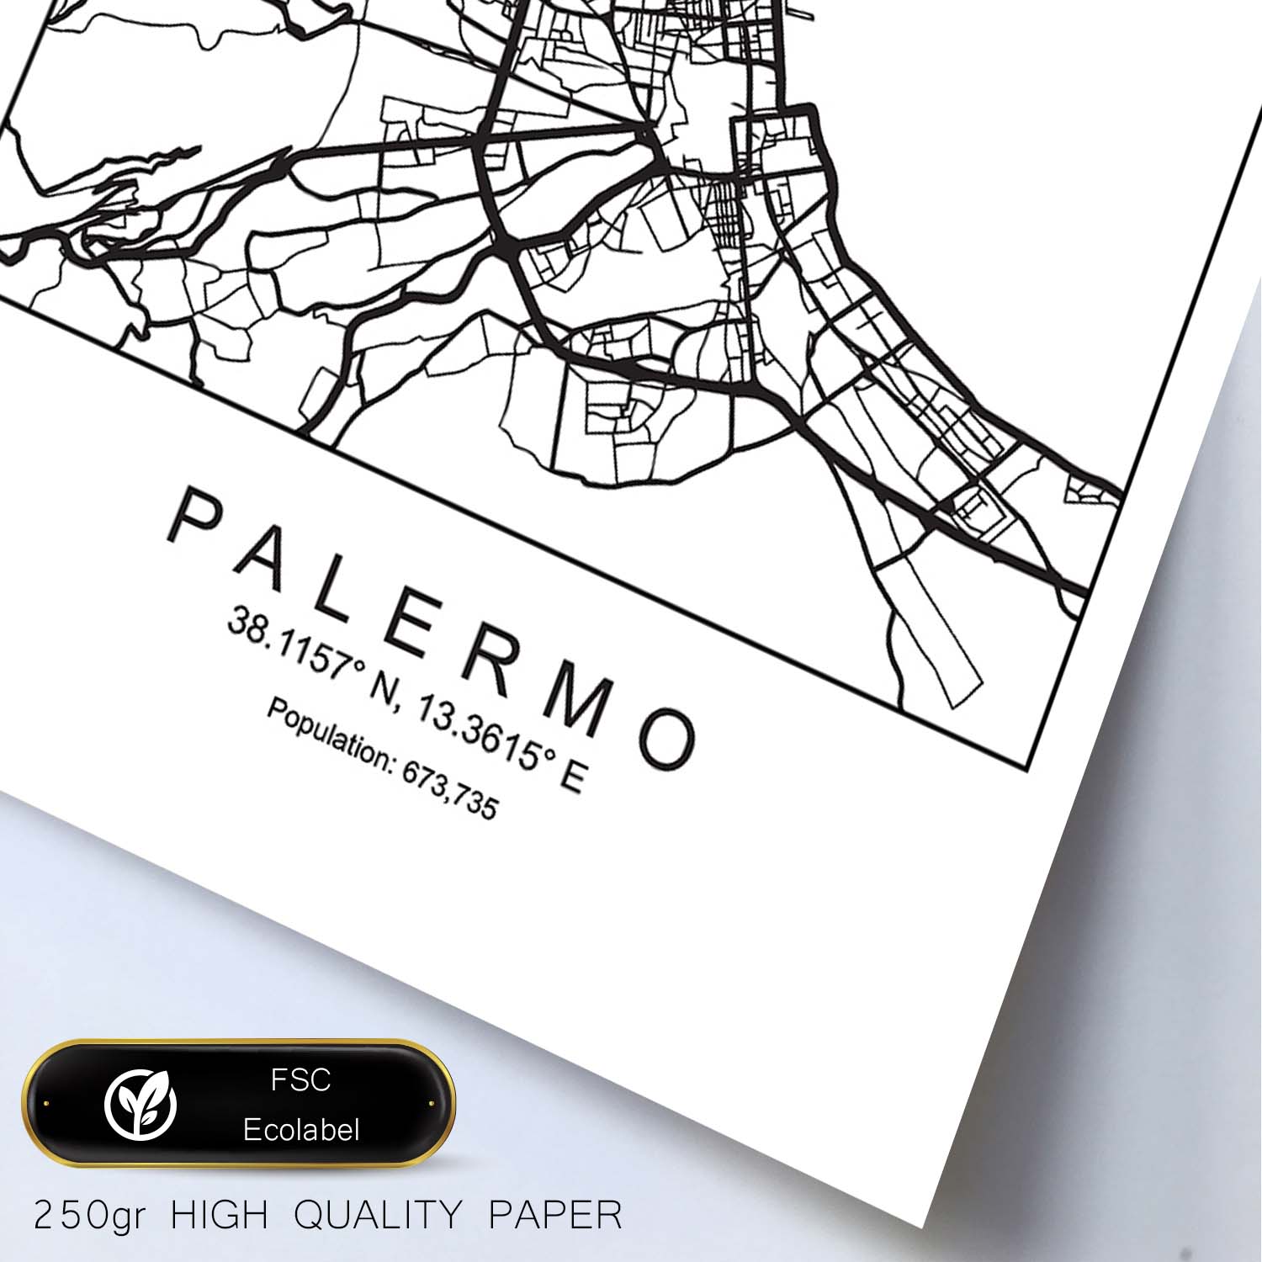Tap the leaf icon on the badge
(x=141, y=1103)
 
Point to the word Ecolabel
(x=300, y=1130)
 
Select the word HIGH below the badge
(x=220, y=1216)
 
